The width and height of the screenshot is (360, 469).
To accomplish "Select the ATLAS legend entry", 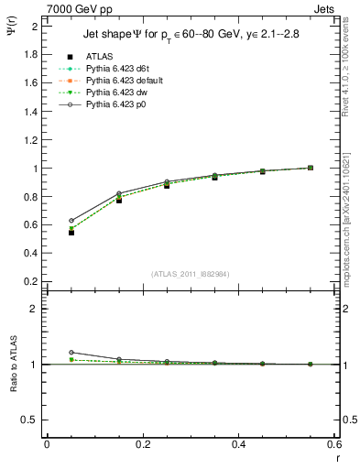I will (x=98, y=58).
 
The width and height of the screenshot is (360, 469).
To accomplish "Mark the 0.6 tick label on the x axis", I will (x=335, y=444).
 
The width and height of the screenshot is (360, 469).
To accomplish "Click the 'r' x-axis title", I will (x=337, y=457).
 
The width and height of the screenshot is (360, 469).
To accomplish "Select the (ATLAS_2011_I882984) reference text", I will (x=189, y=274).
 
